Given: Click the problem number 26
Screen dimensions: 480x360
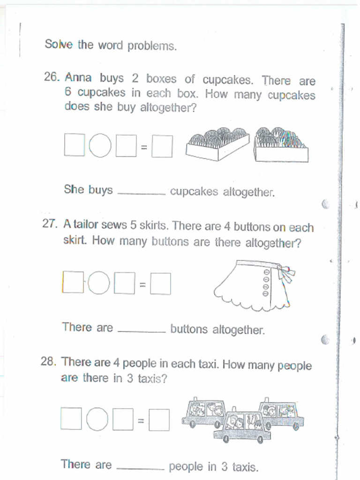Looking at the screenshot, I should [x=51, y=77].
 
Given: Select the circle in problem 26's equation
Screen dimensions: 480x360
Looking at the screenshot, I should [x=100, y=145].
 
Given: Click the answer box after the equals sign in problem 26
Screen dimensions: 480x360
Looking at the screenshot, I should [x=162, y=146].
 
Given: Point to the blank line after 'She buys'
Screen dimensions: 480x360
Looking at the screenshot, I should [x=141, y=192].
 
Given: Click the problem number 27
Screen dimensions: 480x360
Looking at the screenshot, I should [x=49, y=224].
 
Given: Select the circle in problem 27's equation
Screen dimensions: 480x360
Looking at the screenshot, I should [x=98, y=283].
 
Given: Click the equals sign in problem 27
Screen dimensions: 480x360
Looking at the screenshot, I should [x=142, y=284].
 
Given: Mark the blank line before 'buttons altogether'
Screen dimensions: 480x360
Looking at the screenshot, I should [x=142, y=330].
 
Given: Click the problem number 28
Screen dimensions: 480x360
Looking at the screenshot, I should [x=48, y=361].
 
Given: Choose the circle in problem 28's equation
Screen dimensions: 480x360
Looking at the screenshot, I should [x=97, y=419].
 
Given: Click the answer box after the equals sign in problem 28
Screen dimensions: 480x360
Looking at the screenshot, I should [x=159, y=420].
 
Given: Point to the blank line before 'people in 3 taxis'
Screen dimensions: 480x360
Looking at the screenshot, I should [x=140, y=467].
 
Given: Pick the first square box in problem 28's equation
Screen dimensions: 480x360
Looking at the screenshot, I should [x=72, y=418].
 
